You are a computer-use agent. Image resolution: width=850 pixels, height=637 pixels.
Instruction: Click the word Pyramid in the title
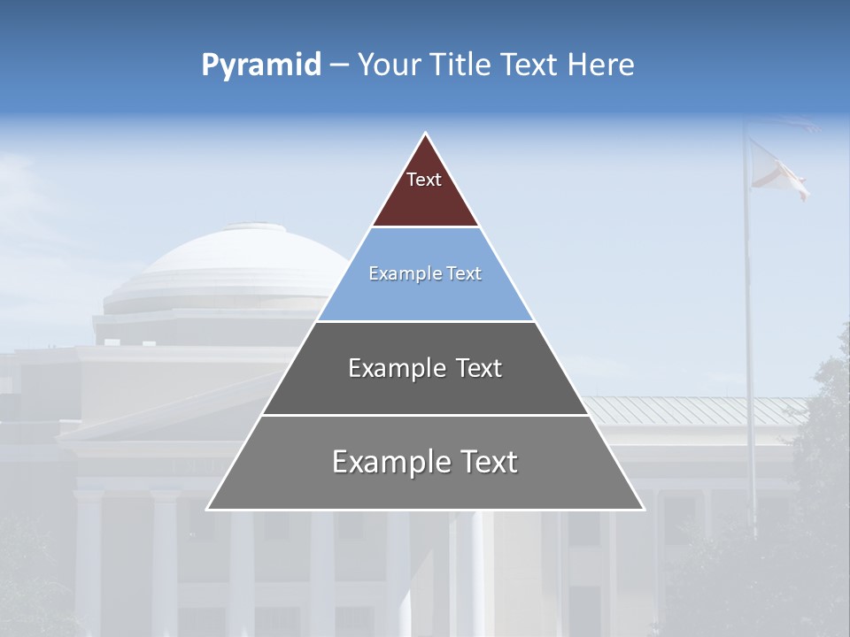click(260, 65)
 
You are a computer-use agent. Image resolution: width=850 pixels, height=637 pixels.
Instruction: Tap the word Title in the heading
click(460, 65)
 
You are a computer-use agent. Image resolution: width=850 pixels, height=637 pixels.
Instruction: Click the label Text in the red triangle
click(424, 180)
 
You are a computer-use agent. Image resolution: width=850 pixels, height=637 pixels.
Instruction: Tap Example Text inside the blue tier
click(425, 273)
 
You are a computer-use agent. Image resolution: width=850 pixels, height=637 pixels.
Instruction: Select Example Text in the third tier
click(425, 368)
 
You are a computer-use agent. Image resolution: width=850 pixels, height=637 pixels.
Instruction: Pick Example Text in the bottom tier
click(425, 462)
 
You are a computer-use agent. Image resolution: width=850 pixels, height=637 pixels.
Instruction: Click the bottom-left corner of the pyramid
click(208, 509)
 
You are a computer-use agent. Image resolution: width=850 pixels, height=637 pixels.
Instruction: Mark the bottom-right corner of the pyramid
click(643, 509)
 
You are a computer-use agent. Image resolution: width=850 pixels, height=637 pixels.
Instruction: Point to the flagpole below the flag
click(750, 354)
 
